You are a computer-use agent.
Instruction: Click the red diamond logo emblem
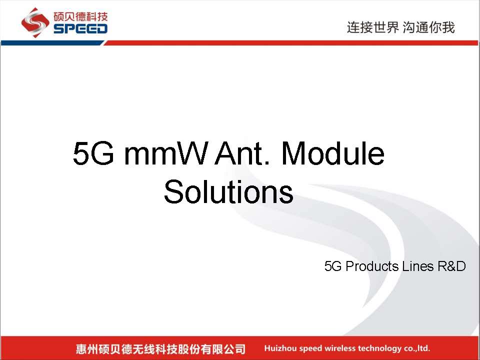(35, 22)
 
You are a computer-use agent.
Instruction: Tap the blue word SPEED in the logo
(80, 29)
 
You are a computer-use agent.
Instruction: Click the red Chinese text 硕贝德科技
(80, 16)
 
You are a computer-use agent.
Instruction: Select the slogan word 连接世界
(373, 27)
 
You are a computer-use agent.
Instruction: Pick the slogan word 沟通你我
(428, 27)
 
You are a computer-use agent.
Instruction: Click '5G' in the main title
(93, 153)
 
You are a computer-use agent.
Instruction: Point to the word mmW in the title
(165, 153)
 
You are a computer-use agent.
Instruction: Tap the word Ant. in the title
(242, 153)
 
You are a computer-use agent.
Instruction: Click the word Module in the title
(333, 153)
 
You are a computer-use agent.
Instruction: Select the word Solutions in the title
(228, 191)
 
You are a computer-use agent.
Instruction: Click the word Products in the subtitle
(372, 266)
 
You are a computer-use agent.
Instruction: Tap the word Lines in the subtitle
(418, 266)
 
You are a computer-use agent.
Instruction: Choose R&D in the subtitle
(451, 266)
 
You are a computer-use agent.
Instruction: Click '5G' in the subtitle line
(333, 266)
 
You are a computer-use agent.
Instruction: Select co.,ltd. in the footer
(417, 348)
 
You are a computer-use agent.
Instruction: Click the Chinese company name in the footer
(160, 348)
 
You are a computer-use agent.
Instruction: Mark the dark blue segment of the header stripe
(52, 43)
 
